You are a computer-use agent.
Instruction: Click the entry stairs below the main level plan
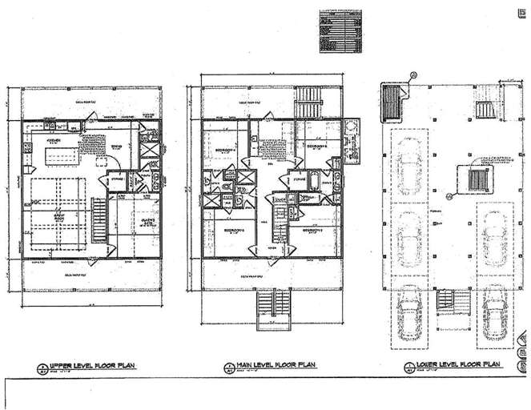coord(271,309)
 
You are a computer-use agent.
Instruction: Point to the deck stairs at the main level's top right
coord(309,104)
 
